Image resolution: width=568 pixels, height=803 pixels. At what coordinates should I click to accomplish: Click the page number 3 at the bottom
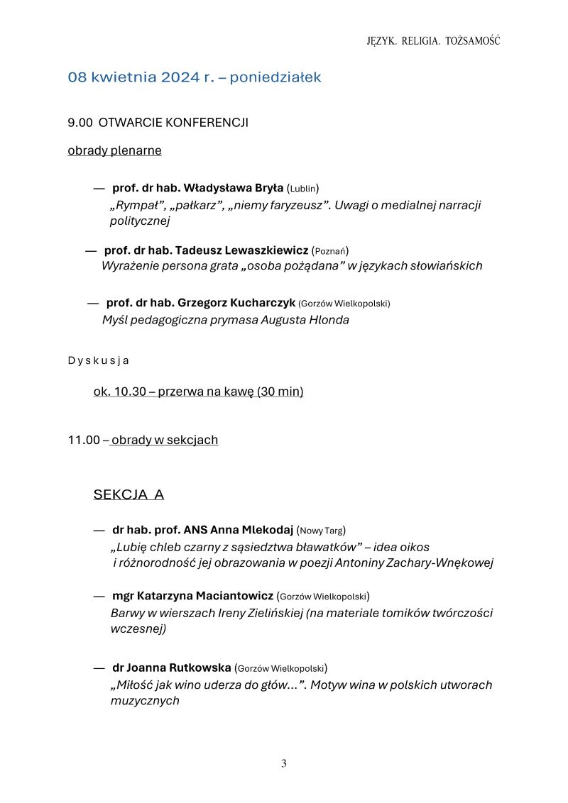pyautogui.click(x=284, y=764)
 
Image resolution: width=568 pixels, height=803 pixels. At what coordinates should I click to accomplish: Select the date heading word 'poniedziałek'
pyautogui.click(x=275, y=77)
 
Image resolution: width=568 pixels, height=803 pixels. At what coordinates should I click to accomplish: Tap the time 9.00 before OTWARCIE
pyautogui.click(x=80, y=123)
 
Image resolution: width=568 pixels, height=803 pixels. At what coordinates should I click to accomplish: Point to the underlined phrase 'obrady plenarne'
pyautogui.click(x=114, y=150)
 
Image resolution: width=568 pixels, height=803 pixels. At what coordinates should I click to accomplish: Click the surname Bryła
pyautogui.click(x=268, y=188)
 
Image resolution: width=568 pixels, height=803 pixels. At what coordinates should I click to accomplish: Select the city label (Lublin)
pyautogui.click(x=302, y=189)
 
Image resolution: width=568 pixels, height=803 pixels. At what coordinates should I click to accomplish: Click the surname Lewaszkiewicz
pyautogui.click(x=266, y=250)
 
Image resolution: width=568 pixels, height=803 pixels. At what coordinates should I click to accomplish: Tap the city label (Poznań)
pyautogui.click(x=330, y=251)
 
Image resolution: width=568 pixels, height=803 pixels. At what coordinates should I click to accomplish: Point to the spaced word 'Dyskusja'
pyautogui.click(x=98, y=360)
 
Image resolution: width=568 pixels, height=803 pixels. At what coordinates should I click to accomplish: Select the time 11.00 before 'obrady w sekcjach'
pyautogui.click(x=84, y=440)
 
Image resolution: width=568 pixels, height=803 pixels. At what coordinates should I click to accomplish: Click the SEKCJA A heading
pyautogui.click(x=129, y=494)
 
